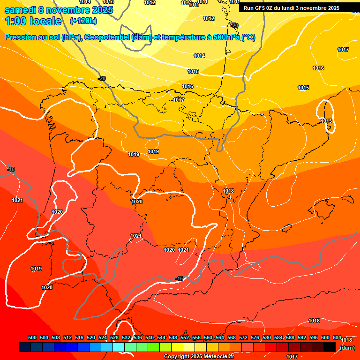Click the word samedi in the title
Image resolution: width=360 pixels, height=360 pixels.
[x=20, y=10]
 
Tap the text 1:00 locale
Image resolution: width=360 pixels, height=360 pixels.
[x=33, y=21]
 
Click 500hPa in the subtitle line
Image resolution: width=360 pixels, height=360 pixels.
[x=226, y=37]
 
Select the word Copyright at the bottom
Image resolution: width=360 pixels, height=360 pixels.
[x=177, y=357]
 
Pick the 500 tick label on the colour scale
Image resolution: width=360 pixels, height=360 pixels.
[x=32, y=337]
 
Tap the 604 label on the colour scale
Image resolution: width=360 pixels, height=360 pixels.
[x=337, y=337]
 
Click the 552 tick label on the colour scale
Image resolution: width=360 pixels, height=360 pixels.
[x=185, y=337]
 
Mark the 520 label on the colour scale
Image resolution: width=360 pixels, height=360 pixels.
[x=91, y=337]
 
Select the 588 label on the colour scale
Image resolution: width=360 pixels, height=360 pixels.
[x=290, y=337]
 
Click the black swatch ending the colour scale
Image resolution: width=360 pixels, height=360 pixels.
[x=330, y=347]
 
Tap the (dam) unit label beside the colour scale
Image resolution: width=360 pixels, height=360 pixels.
[x=347, y=347]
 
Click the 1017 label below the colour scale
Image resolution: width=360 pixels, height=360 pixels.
[x=292, y=357]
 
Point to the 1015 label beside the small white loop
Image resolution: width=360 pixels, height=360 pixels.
[x=326, y=121]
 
